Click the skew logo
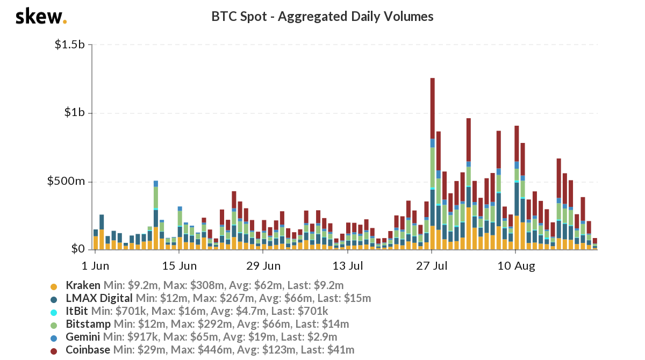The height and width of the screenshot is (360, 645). pos(41,17)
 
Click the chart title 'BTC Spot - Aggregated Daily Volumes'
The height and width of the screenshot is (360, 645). pos(322,17)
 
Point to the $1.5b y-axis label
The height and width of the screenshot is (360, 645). pos(70,45)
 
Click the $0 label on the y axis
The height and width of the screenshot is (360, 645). pos(78,249)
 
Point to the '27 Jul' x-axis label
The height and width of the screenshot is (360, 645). pos(432,265)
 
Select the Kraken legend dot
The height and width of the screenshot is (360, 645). pos(53,286)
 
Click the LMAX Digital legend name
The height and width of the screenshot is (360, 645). pos(99,298)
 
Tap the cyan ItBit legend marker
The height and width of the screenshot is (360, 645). pos(53,312)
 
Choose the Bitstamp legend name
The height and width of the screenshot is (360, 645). pos(88,324)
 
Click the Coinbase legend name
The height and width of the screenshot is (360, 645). pos(88,350)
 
